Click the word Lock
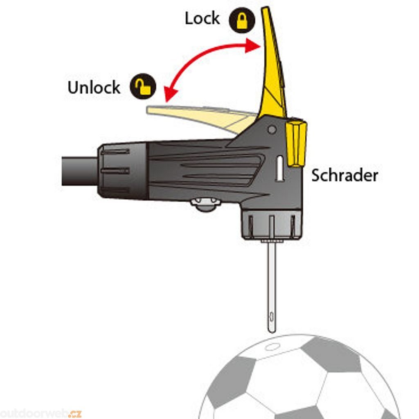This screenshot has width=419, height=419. [x=202, y=19]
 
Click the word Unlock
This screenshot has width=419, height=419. [x=94, y=88]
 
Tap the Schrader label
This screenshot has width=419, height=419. [x=345, y=176]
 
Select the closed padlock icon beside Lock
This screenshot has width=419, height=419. [x=242, y=21]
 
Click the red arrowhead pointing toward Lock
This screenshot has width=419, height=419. [x=252, y=46]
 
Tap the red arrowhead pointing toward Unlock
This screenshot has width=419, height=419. [x=168, y=95]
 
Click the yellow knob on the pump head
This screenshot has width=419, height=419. [x=296, y=143]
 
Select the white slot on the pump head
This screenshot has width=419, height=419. [x=280, y=168]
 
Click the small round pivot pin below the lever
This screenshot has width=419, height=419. [x=271, y=130]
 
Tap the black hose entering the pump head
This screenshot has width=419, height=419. [x=79, y=170]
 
